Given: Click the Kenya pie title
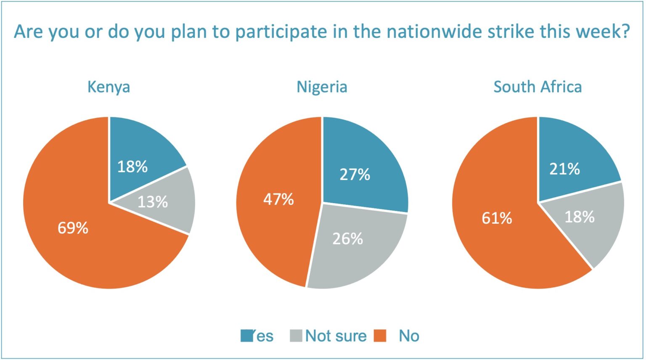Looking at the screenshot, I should (109, 87).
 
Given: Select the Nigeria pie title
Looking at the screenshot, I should (322, 87).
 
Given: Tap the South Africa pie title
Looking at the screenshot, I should (537, 87).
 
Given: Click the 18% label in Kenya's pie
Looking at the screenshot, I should (132, 167).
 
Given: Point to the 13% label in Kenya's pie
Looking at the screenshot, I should (153, 202).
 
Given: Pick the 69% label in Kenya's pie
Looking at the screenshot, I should (73, 228).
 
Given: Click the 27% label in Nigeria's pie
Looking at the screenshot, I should (355, 175).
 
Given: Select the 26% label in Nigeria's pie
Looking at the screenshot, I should (348, 239).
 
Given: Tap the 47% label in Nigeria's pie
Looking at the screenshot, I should (278, 199).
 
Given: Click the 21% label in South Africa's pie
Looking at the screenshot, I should (565, 169).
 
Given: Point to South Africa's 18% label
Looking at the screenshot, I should (580, 217).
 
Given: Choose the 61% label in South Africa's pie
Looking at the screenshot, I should (497, 218).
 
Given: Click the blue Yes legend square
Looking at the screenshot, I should (246, 336).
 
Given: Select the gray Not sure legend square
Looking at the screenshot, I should (296, 336).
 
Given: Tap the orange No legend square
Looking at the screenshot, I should (380, 336).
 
